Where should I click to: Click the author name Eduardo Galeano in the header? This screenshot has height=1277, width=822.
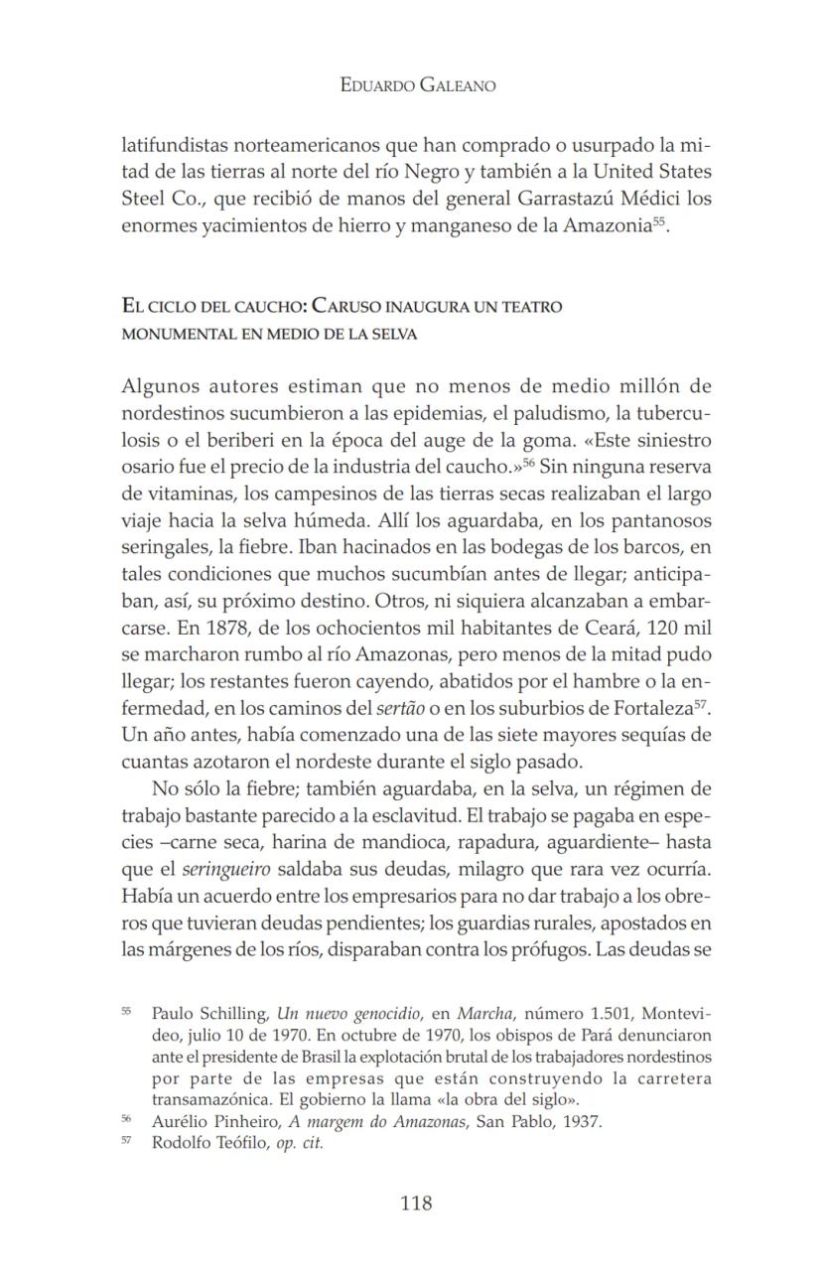point(417,85)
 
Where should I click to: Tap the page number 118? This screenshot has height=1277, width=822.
point(416,1204)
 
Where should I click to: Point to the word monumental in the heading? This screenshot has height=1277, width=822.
point(172,335)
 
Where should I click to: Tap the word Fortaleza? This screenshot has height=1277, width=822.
point(645,709)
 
